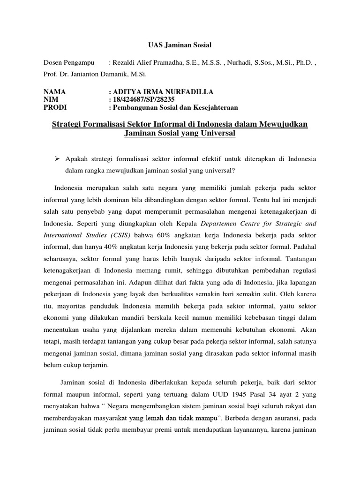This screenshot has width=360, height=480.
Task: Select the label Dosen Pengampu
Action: (68, 62)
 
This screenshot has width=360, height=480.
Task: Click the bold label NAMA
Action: (55, 91)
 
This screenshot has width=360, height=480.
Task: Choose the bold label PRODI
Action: (55, 107)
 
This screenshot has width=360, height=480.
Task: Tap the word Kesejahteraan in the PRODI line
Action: (213, 107)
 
